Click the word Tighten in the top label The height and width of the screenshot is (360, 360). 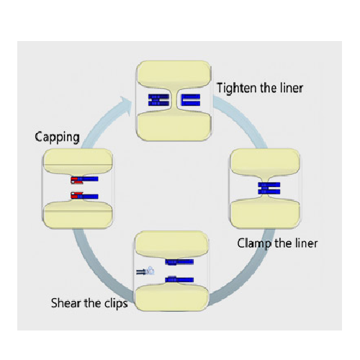pyautogui.click(x=237, y=89)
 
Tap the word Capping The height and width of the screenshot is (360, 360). pyautogui.click(x=57, y=138)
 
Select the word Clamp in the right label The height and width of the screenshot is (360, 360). pyautogui.click(x=254, y=243)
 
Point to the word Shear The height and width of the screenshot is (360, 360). pyautogui.click(x=66, y=303)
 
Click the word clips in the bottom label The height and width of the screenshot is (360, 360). pyautogui.click(x=116, y=304)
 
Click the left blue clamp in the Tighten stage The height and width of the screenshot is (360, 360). pyautogui.click(x=158, y=100)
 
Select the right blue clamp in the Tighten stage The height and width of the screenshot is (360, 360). pyautogui.click(x=191, y=100)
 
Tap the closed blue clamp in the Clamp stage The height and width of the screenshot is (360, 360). pyautogui.click(x=269, y=188)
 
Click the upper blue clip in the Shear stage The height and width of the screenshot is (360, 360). pyautogui.click(x=179, y=262)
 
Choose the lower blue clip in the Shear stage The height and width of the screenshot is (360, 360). pyautogui.click(x=179, y=279)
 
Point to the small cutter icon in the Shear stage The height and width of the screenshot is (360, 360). pyautogui.click(x=145, y=271)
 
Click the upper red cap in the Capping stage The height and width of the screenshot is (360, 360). pyautogui.click(x=77, y=180)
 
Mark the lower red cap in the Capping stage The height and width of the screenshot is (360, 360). pyautogui.click(x=77, y=195)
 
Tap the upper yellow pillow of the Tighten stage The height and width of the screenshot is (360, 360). pyautogui.click(x=174, y=74)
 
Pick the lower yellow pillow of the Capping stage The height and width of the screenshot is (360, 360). pyautogui.click(x=78, y=215)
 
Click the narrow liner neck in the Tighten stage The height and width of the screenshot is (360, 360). pyautogui.click(x=174, y=100)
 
